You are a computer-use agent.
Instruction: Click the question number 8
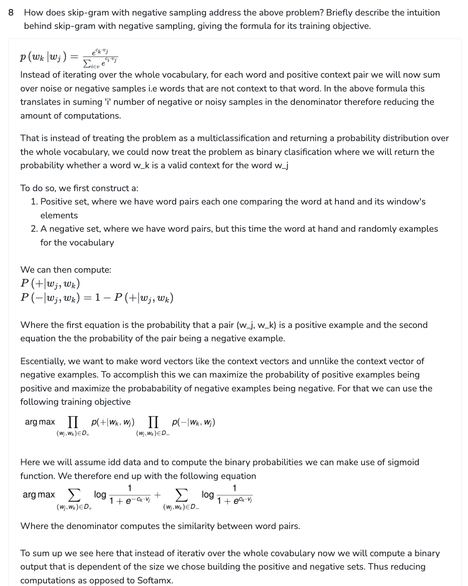[x=11, y=13]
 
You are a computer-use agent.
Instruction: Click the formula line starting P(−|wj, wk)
[x=97, y=298]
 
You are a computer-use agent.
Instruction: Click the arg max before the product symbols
[x=40, y=422]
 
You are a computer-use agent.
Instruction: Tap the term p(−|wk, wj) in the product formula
[x=193, y=422]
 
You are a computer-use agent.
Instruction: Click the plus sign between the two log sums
[x=158, y=495]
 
